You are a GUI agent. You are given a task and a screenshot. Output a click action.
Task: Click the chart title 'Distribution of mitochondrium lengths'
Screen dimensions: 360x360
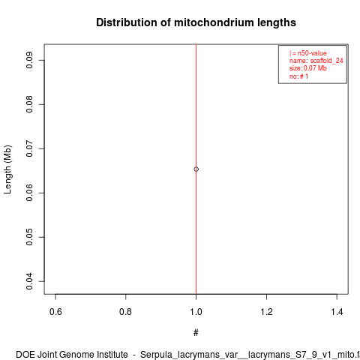point(196,22)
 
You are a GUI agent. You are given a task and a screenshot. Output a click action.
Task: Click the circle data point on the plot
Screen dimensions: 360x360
point(196,169)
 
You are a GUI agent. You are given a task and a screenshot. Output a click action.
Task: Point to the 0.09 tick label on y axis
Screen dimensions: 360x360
point(29,60)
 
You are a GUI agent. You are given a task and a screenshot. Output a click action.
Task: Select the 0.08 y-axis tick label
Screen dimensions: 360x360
point(29,104)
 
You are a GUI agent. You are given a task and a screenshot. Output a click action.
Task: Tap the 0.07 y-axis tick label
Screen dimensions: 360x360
point(29,148)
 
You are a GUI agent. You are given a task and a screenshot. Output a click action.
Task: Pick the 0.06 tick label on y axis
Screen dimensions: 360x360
point(29,193)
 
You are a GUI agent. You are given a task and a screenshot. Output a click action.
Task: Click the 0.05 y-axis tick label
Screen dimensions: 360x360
point(29,237)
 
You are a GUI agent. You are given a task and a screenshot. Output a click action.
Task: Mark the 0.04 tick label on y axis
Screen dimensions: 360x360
point(29,281)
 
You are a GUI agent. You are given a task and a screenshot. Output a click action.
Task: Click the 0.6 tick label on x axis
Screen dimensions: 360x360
point(55,312)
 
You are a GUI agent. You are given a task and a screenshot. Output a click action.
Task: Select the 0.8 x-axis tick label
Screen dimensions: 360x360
point(126,312)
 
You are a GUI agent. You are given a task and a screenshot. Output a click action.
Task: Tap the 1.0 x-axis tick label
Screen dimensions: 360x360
point(196,312)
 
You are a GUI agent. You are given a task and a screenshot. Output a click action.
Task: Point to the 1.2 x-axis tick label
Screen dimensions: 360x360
point(266,312)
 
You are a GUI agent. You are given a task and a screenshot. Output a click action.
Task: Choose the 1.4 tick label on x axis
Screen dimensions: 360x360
point(337,312)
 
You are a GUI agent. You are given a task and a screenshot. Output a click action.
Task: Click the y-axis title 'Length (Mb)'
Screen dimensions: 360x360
point(7,169)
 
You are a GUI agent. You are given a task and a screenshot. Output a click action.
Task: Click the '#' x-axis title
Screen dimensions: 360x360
point(196,333)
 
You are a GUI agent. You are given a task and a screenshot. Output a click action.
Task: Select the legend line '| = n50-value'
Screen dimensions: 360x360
point(308,53)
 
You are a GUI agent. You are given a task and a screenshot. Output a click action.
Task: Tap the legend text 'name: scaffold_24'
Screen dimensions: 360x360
point(316,61)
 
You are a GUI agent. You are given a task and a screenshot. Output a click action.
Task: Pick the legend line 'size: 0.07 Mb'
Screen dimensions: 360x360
point(308,68)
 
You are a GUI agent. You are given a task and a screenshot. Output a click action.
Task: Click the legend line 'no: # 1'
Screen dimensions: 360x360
point(298,76)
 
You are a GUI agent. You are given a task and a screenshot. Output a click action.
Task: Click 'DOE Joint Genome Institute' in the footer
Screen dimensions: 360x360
point(72,355)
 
